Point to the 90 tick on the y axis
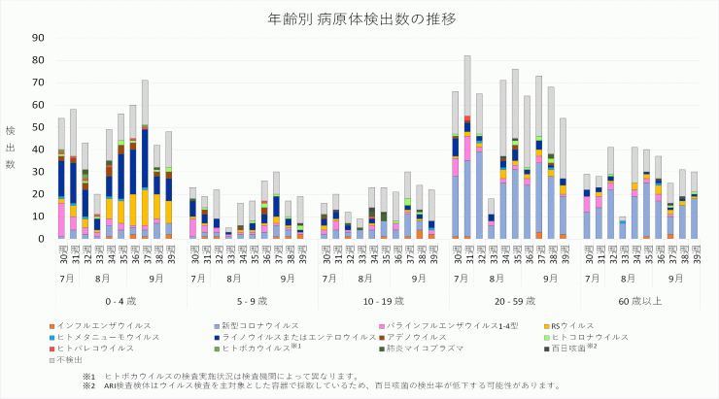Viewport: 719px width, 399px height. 38,38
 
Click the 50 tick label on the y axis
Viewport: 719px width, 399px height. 38,127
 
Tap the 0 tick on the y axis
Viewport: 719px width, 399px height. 41,239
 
